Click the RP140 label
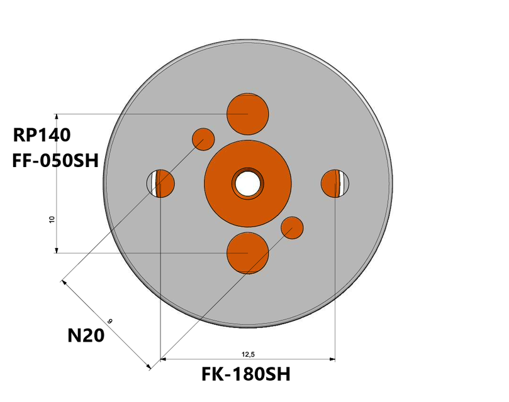point(42,135)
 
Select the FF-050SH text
point(55,161)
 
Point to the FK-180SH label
point(246,375)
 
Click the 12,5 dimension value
point(247,354)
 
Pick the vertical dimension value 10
point(52,219)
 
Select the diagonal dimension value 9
point(109,321)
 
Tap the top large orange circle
point(247,114)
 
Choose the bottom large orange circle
point(247,253)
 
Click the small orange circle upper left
point(203,138)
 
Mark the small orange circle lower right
point(292,227)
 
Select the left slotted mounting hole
point(161,183)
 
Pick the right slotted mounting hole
point(334,183)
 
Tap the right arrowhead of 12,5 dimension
point(332,360)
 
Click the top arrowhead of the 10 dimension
point(57,117)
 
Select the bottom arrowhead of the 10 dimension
point(57,250)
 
